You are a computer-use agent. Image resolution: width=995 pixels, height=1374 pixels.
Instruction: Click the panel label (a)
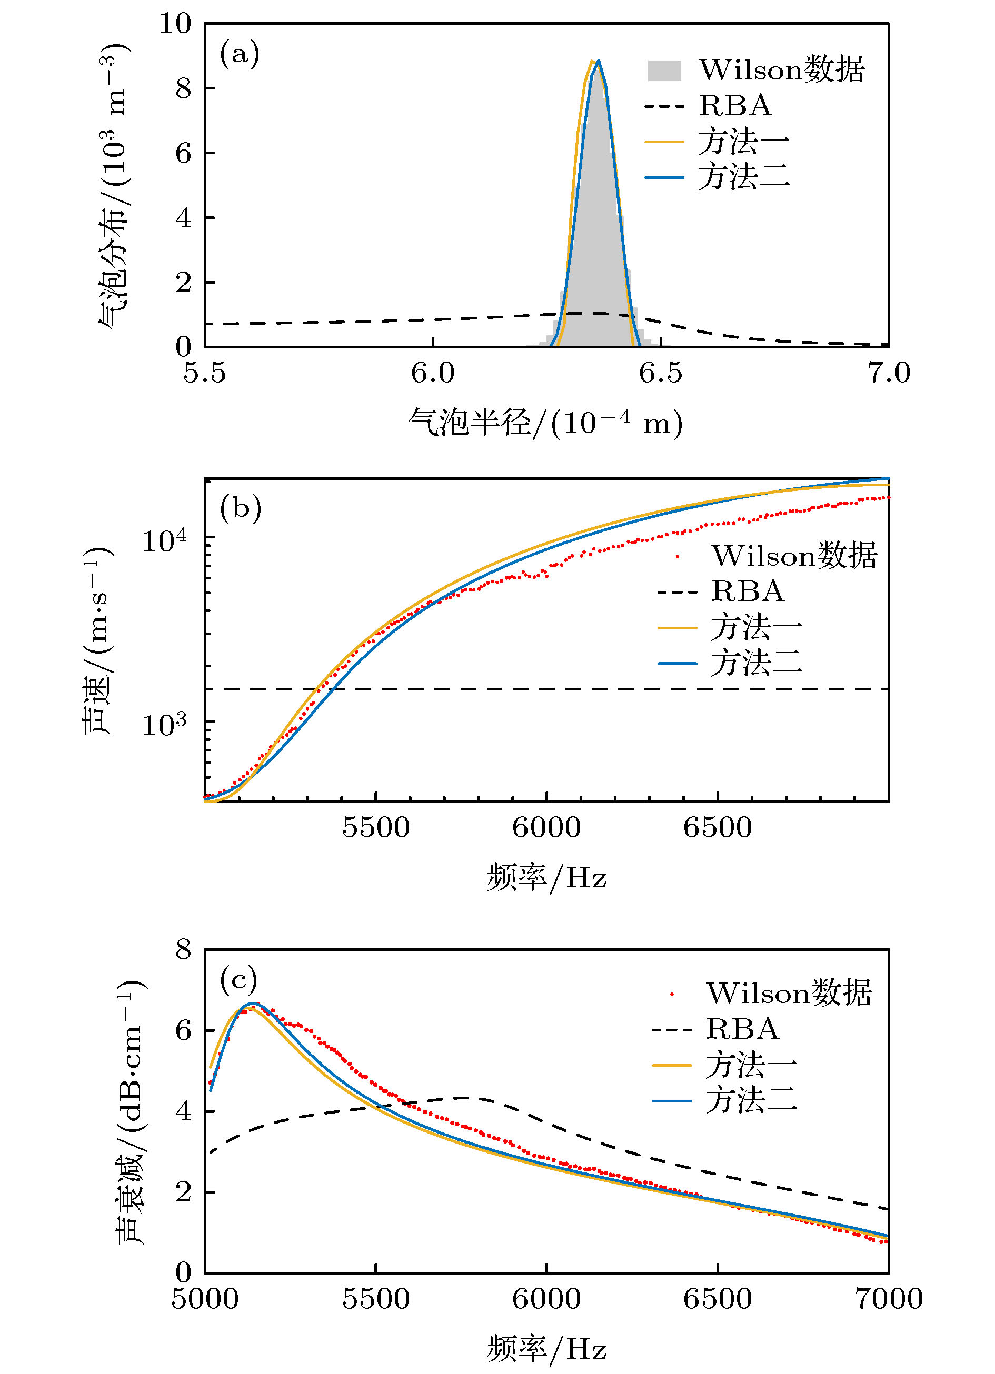click(x=240, y=55)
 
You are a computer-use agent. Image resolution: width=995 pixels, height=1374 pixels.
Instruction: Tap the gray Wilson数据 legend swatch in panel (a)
click(x=664, y=71)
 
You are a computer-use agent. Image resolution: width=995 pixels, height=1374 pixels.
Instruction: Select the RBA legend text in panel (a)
click(x=735, y=106)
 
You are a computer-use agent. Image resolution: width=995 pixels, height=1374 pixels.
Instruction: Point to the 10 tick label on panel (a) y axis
click(x=175, y=24)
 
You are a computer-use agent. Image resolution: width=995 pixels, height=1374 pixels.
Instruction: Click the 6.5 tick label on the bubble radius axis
click(x=661, y=373)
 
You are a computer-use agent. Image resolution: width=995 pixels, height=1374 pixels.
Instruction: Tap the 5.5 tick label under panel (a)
click(x=205, y=373)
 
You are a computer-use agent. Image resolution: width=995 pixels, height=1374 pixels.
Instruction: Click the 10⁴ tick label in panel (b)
click(x=164, y=539)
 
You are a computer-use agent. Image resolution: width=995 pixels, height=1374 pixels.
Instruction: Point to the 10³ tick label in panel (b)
click(x=164, y=724)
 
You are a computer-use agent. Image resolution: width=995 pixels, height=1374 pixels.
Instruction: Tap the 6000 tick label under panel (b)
click(x=546, y=828)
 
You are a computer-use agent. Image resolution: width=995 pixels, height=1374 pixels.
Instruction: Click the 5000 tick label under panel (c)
click(x=205, y=1299)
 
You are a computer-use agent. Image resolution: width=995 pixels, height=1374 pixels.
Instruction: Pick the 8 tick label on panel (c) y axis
click(x=184, y=950)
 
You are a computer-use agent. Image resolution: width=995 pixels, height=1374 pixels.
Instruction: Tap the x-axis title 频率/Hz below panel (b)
click(x=546, y=877)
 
